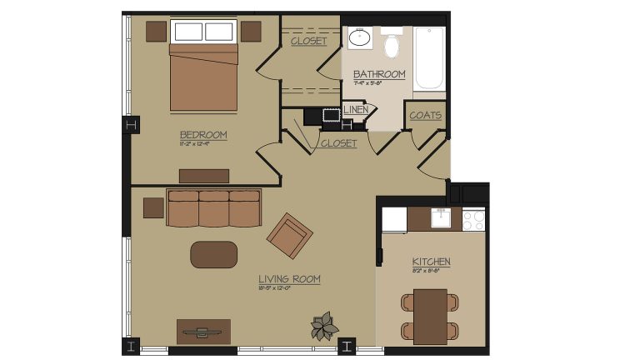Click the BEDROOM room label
pyautogui.click(x=203, y=134)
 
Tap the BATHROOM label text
pyautogui.click(x=379, y=74)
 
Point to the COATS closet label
pyautogui.click(x=426, y=115)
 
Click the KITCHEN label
pyautogui.click(x=431, y=262)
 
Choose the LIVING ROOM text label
pyautogui.click(x=289, y=278)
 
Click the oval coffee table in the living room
pyautogui.click(x=213, y=254)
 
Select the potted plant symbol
pyautogui.click(x=323, y=326)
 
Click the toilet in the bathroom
pyautogui.click(x=392, y=45)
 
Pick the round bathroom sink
pyautogui.click(x=361, y=37)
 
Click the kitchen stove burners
pyautogui.click(x=473, y=220)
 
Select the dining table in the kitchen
pyautogui.click(x=431, y=315)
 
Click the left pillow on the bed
pyautogui.click(x=187, y=32)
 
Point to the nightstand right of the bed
pyautogui.click(x=252, y=31)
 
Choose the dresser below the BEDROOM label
pyautogui.click(x=204, y=176)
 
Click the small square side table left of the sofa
pyautogui.click(x=153, y=207)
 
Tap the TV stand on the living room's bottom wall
pyautogui.click(x=203, y=331)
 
